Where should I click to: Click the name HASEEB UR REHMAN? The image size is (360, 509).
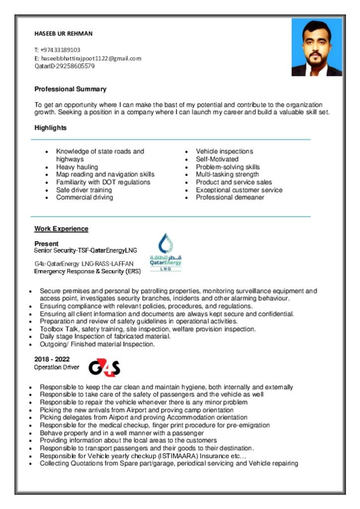(63, 34)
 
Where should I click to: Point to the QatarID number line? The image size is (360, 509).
(64, 66)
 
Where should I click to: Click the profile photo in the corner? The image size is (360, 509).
(317, 48)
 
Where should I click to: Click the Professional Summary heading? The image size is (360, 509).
(70, 89)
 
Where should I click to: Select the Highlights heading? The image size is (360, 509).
(50, 128)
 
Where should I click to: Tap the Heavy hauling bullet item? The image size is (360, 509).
(77, 167)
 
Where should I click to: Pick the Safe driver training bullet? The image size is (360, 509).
(84, 190)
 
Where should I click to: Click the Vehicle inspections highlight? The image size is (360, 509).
(224, 151)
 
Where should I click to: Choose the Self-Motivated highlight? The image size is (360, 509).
(217, 159)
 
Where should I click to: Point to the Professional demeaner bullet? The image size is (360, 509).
(230, 197)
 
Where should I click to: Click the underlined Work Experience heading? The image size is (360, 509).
(61, 229)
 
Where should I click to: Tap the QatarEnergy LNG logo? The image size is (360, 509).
(166, 253)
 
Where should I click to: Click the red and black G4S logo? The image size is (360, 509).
(104, 368)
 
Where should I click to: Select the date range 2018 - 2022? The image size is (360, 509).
(52, 359)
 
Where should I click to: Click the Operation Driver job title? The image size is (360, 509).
(56, 367)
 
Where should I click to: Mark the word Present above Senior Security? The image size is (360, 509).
(46, 244)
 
